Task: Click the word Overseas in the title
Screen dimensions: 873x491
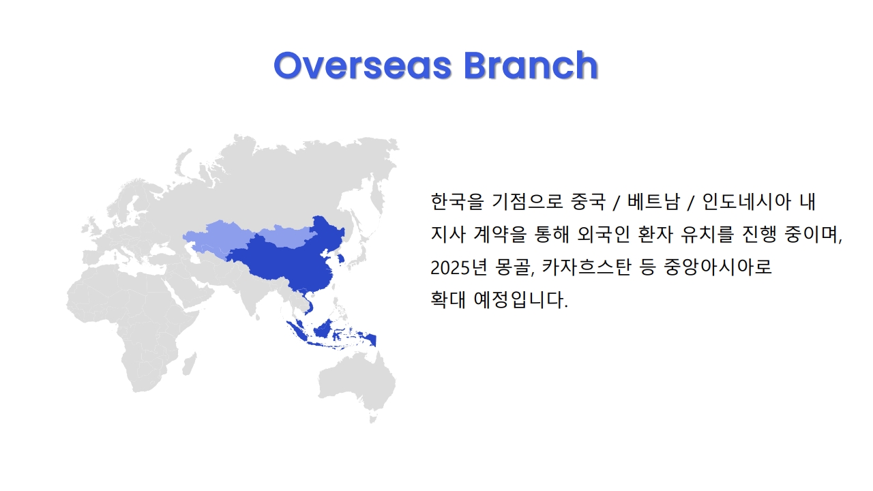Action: coord(362,65)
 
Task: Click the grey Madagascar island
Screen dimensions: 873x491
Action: coord(190,364)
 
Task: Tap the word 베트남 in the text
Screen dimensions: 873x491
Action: coord(653,201)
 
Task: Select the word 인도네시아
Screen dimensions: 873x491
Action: coord(747,201)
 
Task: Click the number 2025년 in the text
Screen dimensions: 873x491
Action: coord(459,267)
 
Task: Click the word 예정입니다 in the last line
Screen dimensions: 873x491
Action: coord(520,300)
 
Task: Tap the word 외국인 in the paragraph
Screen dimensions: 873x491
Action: coord(603,235)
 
